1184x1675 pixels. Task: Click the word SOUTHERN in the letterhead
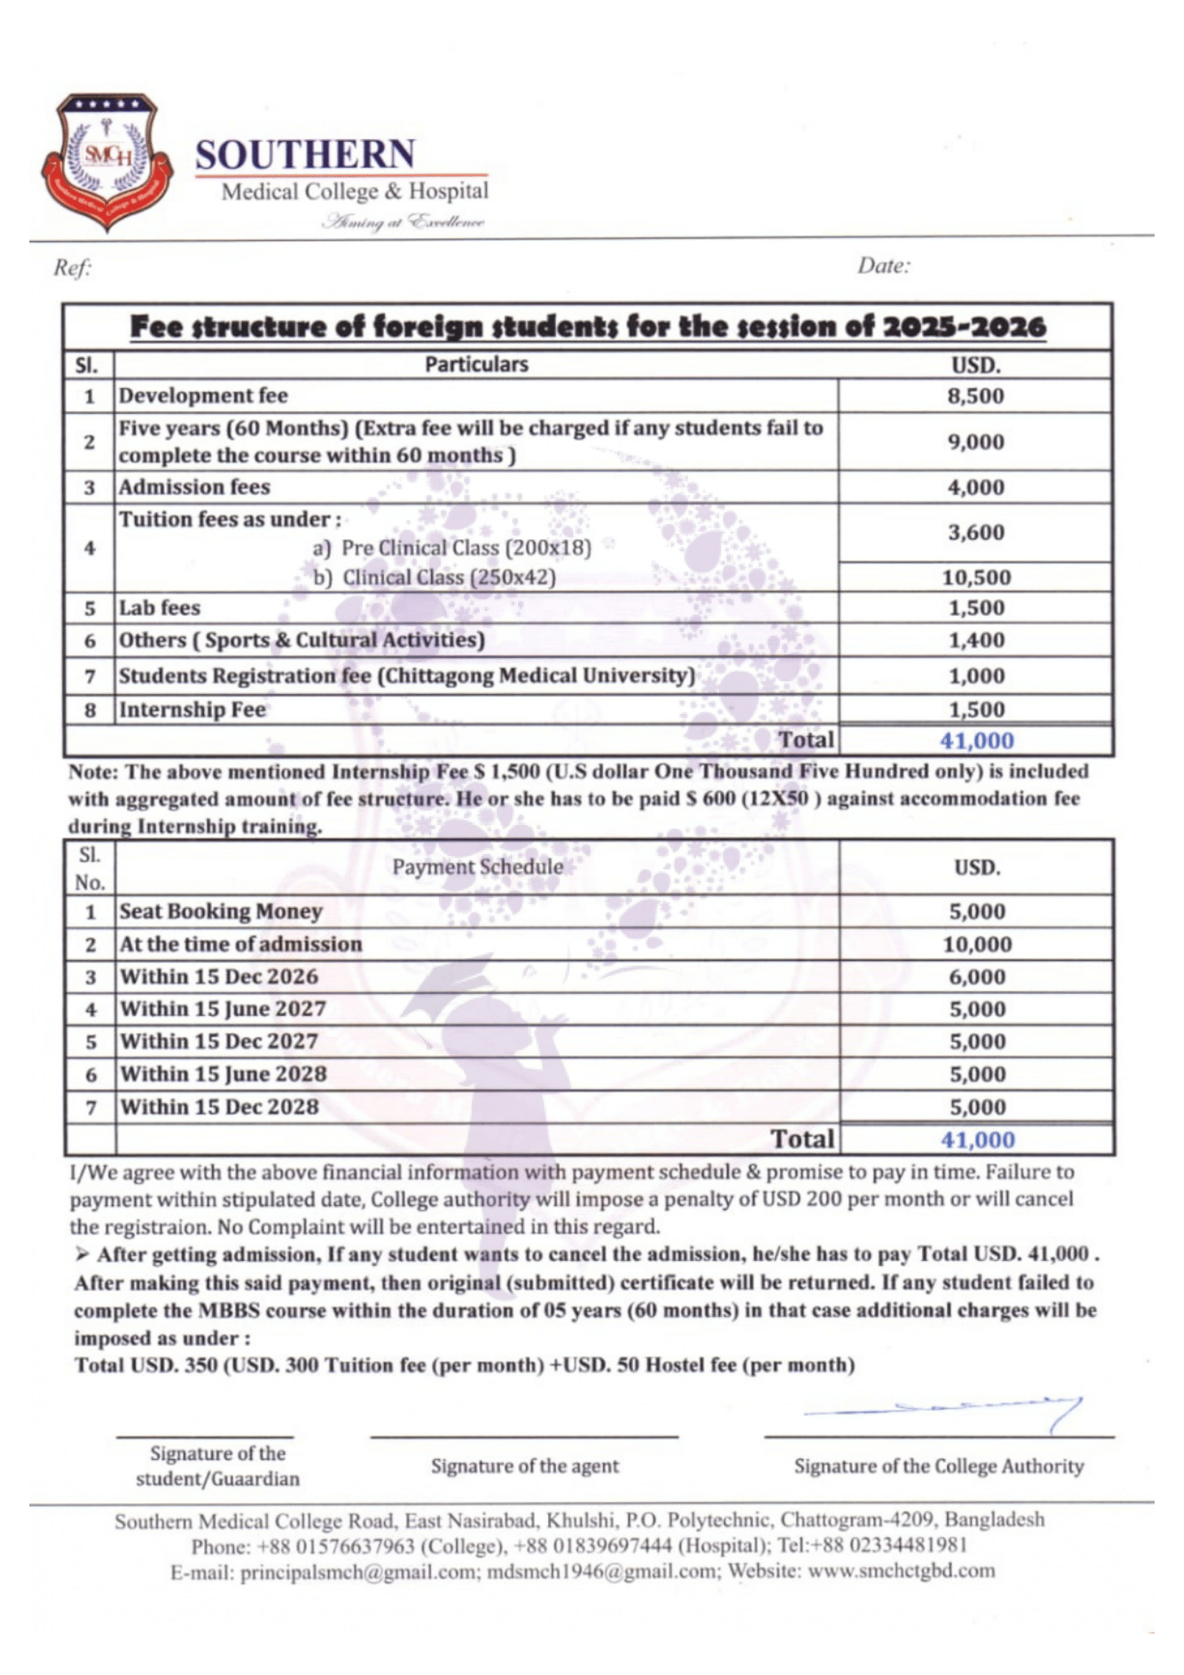(x=305, y=155)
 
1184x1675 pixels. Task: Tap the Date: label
(x=883, y=266)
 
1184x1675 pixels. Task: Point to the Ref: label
(x=72, y=269)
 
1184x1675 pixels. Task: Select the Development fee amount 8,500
(x=976, y=396)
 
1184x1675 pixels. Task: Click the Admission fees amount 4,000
(x=976, y=488)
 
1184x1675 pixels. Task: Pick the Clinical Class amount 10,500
(x=976, y=578)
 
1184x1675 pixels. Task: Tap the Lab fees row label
(x=160, y=608)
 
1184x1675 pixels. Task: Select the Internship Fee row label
(x=193, y=710)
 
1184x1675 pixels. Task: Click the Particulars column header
(x=476, y=364)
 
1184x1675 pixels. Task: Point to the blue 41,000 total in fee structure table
(x=976, y=740)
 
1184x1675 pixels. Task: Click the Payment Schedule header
(x=478, y=867)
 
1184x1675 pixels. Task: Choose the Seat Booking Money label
(x=221, y=911)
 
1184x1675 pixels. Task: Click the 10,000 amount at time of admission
(x=977, y=944)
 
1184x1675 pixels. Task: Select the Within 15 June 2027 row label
(x=223, y=1009)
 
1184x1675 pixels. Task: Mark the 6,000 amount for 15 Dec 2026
(x=977, y=977)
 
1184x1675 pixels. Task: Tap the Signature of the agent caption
(x=524, y=1467)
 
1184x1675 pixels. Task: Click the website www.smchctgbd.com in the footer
(x=901, y=1570)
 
